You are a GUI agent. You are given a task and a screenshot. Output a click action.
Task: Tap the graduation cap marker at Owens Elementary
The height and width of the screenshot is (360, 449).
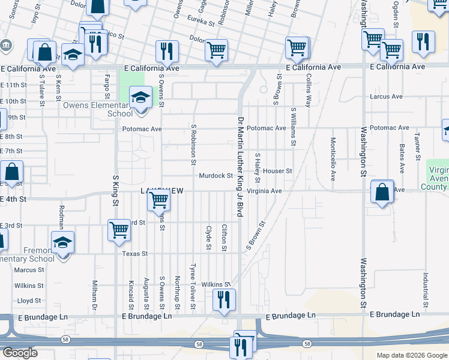(x=140, y=97)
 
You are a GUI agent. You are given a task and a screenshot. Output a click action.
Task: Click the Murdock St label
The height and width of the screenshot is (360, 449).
(x=215, y=176)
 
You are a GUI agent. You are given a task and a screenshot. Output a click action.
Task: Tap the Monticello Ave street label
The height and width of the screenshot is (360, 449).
(x=333, y=159)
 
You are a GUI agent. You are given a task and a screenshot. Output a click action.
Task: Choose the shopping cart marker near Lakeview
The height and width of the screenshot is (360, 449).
(x=158, y=200)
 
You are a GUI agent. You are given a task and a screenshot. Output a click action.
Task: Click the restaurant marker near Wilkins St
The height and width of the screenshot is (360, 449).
(x=223, y=299)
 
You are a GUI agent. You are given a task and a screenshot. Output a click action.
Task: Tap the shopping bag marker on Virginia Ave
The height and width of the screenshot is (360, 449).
(x=382, y=192)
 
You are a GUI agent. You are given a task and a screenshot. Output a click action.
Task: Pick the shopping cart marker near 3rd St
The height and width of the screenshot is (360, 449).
(x=119, y=230)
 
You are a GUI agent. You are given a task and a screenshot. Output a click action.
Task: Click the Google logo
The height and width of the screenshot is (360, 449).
(x=19, y=353)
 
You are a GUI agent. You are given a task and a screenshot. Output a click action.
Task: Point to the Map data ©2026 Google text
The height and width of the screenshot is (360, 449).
(x=411, y=355)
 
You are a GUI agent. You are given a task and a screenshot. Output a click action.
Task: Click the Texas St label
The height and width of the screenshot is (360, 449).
(x=135, y=254)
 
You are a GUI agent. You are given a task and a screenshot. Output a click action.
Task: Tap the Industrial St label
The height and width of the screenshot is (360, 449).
(x=424, y=287)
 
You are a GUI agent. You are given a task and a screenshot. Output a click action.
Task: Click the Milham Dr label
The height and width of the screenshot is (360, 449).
(x=95, y=294)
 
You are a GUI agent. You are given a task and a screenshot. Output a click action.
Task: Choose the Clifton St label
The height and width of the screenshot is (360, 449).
(x=224, y=238)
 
